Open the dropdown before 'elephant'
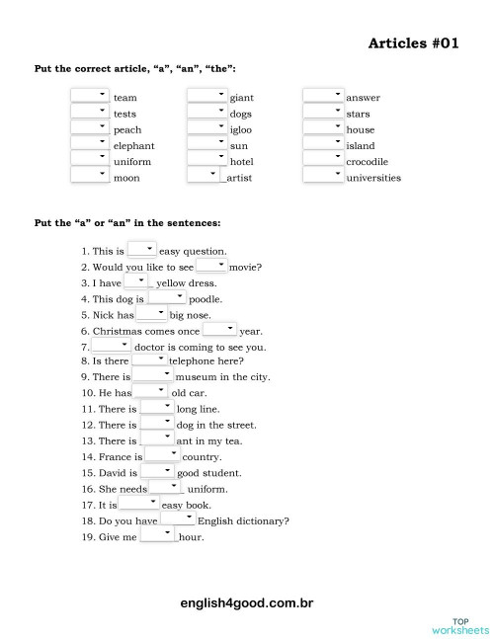(x=90, y=144)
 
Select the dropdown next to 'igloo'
(x=206, y=128)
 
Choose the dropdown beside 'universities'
(x=323, y=177)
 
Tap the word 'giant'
(x=241, y=98)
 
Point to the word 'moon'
(x=125, y=178)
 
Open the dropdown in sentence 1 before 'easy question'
(x=141, y=250)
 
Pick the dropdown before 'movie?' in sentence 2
(x=211, y=266)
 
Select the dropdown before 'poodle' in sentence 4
(x=167, y=297)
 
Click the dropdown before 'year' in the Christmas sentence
(x=219, y=330)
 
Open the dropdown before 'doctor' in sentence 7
(x=111, y=346)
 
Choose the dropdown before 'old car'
(x=151, y=392)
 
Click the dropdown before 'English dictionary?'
(x=178, y=519)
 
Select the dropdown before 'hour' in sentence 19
(x=157, y=535)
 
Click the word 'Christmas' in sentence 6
(x=124, y=332)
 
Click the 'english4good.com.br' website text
(x=247, y=600)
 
